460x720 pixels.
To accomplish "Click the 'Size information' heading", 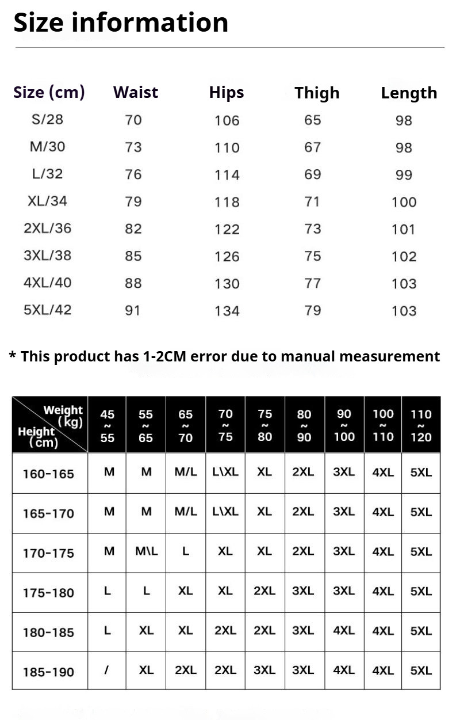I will click(x=121, y=23).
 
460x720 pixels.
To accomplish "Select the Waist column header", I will click(x=136, y=93).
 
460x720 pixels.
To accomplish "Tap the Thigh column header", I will click(x=317, y=93).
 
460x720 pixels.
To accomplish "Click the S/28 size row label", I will click(x=48, y=120).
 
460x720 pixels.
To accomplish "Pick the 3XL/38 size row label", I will click(x=48, y=256).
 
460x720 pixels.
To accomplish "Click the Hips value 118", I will click(x=227, y=202).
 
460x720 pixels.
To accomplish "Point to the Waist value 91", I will click(x=133, y=310).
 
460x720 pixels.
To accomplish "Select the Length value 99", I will click(x=404, y=175).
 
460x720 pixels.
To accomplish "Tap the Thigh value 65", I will click(x=313, y=120).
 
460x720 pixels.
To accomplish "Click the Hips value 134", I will click(x=227, y=311).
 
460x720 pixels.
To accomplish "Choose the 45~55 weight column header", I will click(x=108, y=426).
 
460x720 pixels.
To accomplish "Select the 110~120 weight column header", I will click(x=421, y=426).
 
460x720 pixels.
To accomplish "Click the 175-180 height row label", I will click(x=48, y=593).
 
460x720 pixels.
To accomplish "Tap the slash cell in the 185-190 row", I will click(x=107, y=671).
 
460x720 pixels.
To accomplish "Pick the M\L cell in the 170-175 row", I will click(x=146, y=551).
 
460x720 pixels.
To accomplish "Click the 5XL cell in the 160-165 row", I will click(x=421, y=473).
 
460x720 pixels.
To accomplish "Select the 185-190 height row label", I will click(x=48, y=672).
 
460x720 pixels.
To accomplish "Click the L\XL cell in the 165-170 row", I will click(x=225, y=512).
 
